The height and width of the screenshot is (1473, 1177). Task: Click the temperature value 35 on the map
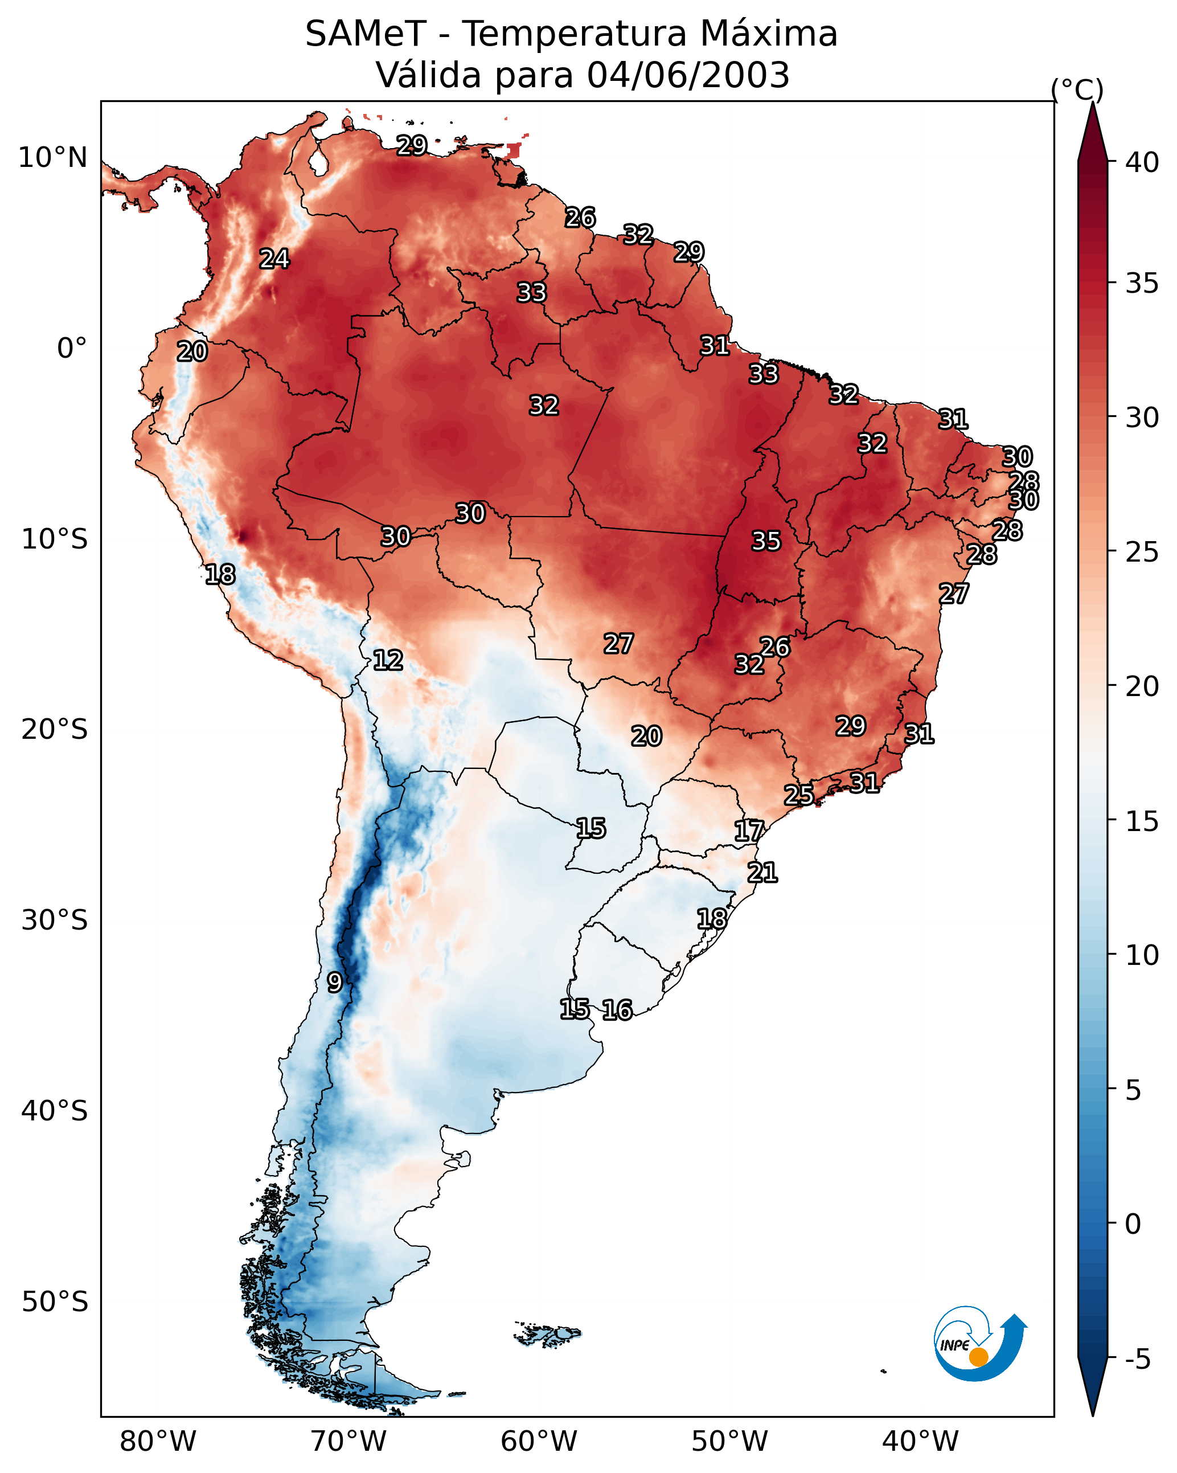coord(765,541)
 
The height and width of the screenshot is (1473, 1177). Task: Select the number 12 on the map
coord(387,660)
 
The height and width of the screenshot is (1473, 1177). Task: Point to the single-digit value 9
coord(334,983)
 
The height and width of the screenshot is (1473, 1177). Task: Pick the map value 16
coord(617,1010)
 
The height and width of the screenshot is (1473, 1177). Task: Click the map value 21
coord(762,873)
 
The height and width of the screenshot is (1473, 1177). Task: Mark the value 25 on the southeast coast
coord(798,795)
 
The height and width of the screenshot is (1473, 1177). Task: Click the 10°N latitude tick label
coord(52,158)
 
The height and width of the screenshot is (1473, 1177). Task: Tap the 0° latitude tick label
coord(72,349)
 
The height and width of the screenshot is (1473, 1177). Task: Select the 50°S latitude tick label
coord(55,1302)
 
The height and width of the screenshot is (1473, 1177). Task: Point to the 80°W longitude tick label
coord(158,1441)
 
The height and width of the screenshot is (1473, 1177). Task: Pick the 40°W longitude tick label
coord(920,1441)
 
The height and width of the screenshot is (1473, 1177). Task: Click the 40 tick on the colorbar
coord(1142,162)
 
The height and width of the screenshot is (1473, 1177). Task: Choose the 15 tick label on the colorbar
coord(1142,821)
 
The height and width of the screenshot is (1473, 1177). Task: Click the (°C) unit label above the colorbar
coord(1077,89)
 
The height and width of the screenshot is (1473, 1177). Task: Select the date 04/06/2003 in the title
coord(688,75)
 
